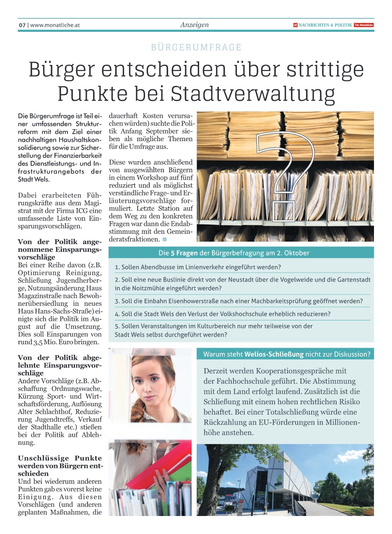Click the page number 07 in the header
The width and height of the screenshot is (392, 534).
(x=22, y=25)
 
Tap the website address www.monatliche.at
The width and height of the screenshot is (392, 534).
(x=55, y=25)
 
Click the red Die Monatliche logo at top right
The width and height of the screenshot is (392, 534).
(x=363, y=25)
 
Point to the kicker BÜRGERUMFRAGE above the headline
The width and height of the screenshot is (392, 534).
(x=196, y=47)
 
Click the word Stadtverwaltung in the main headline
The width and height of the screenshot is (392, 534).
(x=258, y=94)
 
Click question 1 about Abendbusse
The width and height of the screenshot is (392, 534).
(x=198, y=267)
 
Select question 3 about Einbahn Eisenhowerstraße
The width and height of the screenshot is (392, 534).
(x=239, y=301)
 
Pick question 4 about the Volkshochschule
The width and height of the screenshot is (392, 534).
(x=223, y=314)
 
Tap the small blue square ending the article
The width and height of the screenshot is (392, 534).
(x=164, y=240)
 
